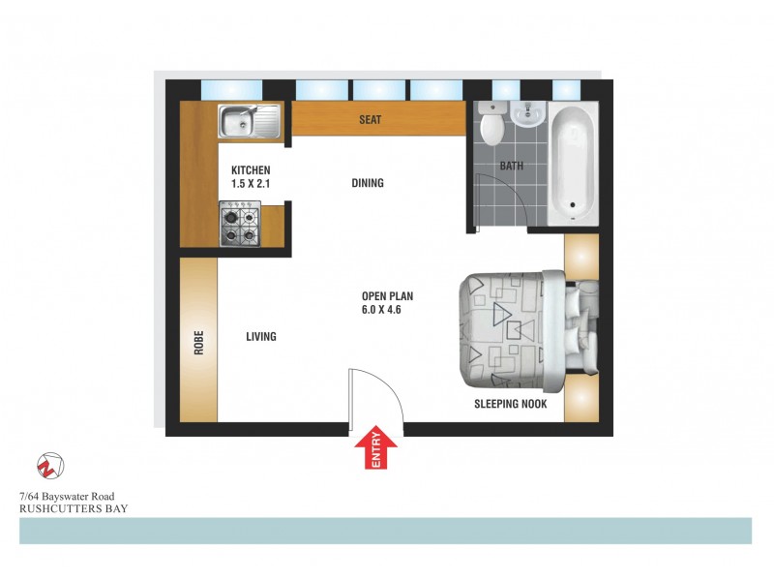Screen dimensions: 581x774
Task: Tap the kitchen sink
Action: (x=248, y=122)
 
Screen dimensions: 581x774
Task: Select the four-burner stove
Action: (x=239, y=222)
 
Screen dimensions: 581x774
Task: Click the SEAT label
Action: (x=371, y=121)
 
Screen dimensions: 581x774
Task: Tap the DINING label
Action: (x=368, y=183)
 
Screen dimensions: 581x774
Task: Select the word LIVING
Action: (x=261, y=337)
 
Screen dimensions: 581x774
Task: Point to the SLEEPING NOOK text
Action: (x=511, y=405)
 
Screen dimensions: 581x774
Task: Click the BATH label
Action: (x=511, y=166)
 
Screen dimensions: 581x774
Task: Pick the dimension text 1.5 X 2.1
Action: (x=251, y=184)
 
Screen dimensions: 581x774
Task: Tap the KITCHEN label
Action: (x=251, y=170)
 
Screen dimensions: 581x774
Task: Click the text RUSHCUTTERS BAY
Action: (x=74, y=508)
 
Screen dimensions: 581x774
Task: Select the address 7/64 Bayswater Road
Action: (x=72, y=497)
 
